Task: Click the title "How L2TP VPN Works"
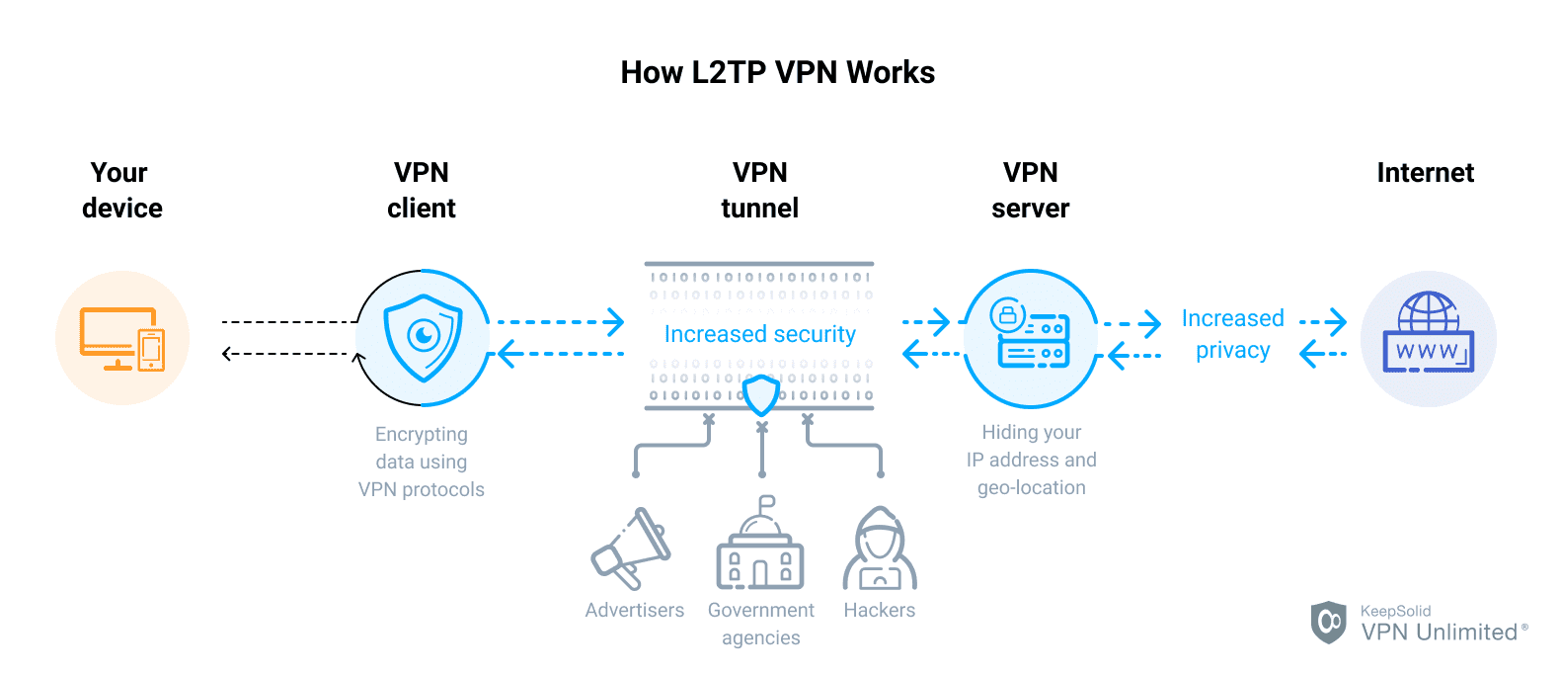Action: pyautogui.click(x=777, y=72)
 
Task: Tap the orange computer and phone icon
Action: pyautogui.click(x=122, y=339)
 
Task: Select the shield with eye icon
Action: pyautogui.click(x=424, y=338)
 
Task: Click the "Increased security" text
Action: pyautogui.click(x=759, y=334)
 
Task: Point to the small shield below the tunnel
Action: pyautogui.click(x=760, y=395)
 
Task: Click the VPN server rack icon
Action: pyautogui.click(x=1032, y=336)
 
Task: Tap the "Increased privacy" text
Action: pyautogui.click(x=1232, y=334)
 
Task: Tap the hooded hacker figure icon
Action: pyautogui.click(x=879, y=549)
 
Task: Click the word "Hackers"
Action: pyautogui.click(x=879, y=610)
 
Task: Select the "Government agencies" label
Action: pyautogui.click(x=760, y=624)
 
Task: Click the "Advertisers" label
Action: pyautogui.click(x=634, y=610)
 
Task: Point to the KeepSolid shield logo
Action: pyautogui.click(x=1328, y=622)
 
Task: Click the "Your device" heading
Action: pyautogui.click(x=121, y=190)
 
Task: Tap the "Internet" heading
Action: pyautogui.click(x=1425, y=173)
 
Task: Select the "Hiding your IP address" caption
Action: pyautogui.click(x=1031, y=460)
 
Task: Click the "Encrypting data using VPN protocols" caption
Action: pyautogui.click(x=422, y=462)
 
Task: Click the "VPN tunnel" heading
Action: pyautogui.click(x=759, y=190)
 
